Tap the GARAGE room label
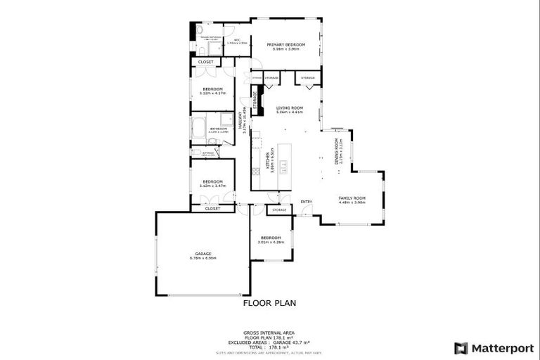click(202, 253)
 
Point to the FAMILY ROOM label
click(352, 198)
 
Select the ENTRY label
click(306, 202)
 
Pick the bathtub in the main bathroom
click(198, 129)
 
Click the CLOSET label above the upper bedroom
click(205, 62)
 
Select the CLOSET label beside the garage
click(212, 208)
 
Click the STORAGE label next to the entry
click(280, 210)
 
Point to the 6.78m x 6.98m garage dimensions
click(202, 258)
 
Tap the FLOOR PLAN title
click(269, 303)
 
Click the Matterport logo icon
click(461, 347)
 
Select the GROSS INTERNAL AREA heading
click(269, 332)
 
